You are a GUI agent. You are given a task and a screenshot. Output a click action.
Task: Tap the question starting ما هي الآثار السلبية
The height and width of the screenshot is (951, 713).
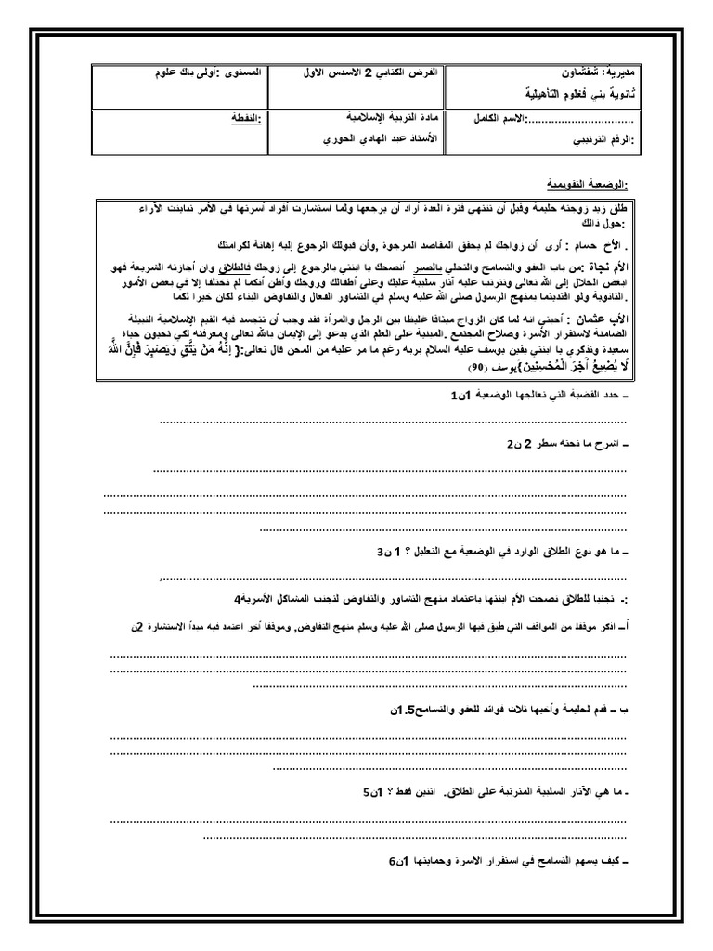[x=501, y=793]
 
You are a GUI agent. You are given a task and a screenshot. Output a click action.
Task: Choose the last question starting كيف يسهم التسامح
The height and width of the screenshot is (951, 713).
[x=501, y=861]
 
